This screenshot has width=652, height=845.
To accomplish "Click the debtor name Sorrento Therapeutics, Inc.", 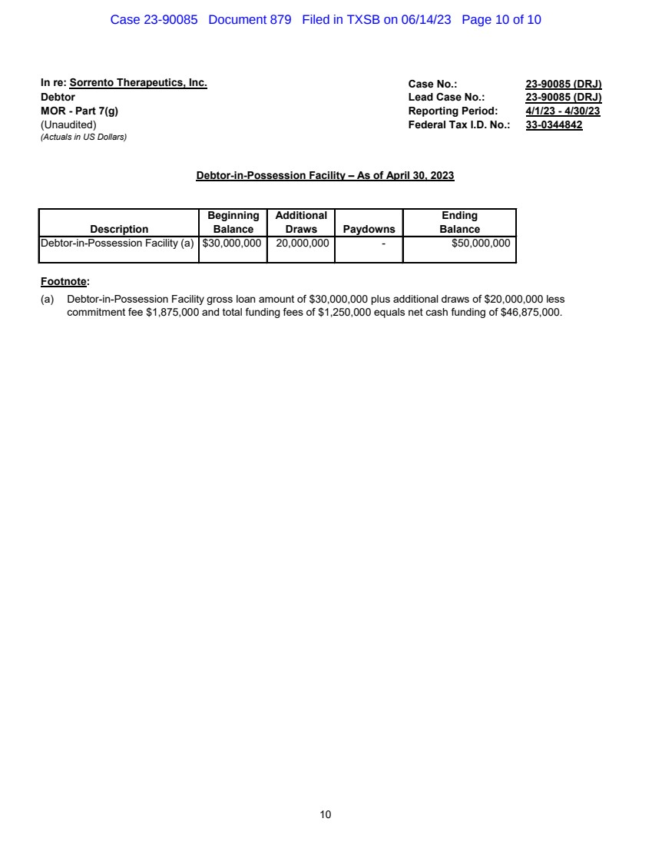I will click(x=138, y=83).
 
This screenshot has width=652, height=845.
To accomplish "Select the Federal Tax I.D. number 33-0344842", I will click(x=554, y=125).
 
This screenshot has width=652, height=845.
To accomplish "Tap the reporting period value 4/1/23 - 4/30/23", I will click(x=562, y=111).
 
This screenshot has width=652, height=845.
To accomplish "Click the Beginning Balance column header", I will click(x=233, y=222).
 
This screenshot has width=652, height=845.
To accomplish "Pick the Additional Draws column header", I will click(x=301, y=222).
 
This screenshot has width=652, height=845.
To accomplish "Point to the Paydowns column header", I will click(x=369, y=229).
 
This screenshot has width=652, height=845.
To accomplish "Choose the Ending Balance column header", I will click(x=459, y=222).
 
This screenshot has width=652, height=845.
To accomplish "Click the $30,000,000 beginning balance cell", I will click(x=232, y=243).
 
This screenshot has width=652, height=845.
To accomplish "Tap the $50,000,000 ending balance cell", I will click(x=481, y=243).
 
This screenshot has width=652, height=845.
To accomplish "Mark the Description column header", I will click(x=119, y=229).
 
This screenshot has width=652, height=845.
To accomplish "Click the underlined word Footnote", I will click(x=64, y=282).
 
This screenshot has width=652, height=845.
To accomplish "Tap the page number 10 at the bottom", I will click(x=326, y=814).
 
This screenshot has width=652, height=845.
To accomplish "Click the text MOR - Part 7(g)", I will click(x=79, y=111).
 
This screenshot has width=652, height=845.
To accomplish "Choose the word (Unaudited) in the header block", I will click(x=68, y=125).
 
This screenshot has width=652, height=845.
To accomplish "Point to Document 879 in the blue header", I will click(x=250, y=20).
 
